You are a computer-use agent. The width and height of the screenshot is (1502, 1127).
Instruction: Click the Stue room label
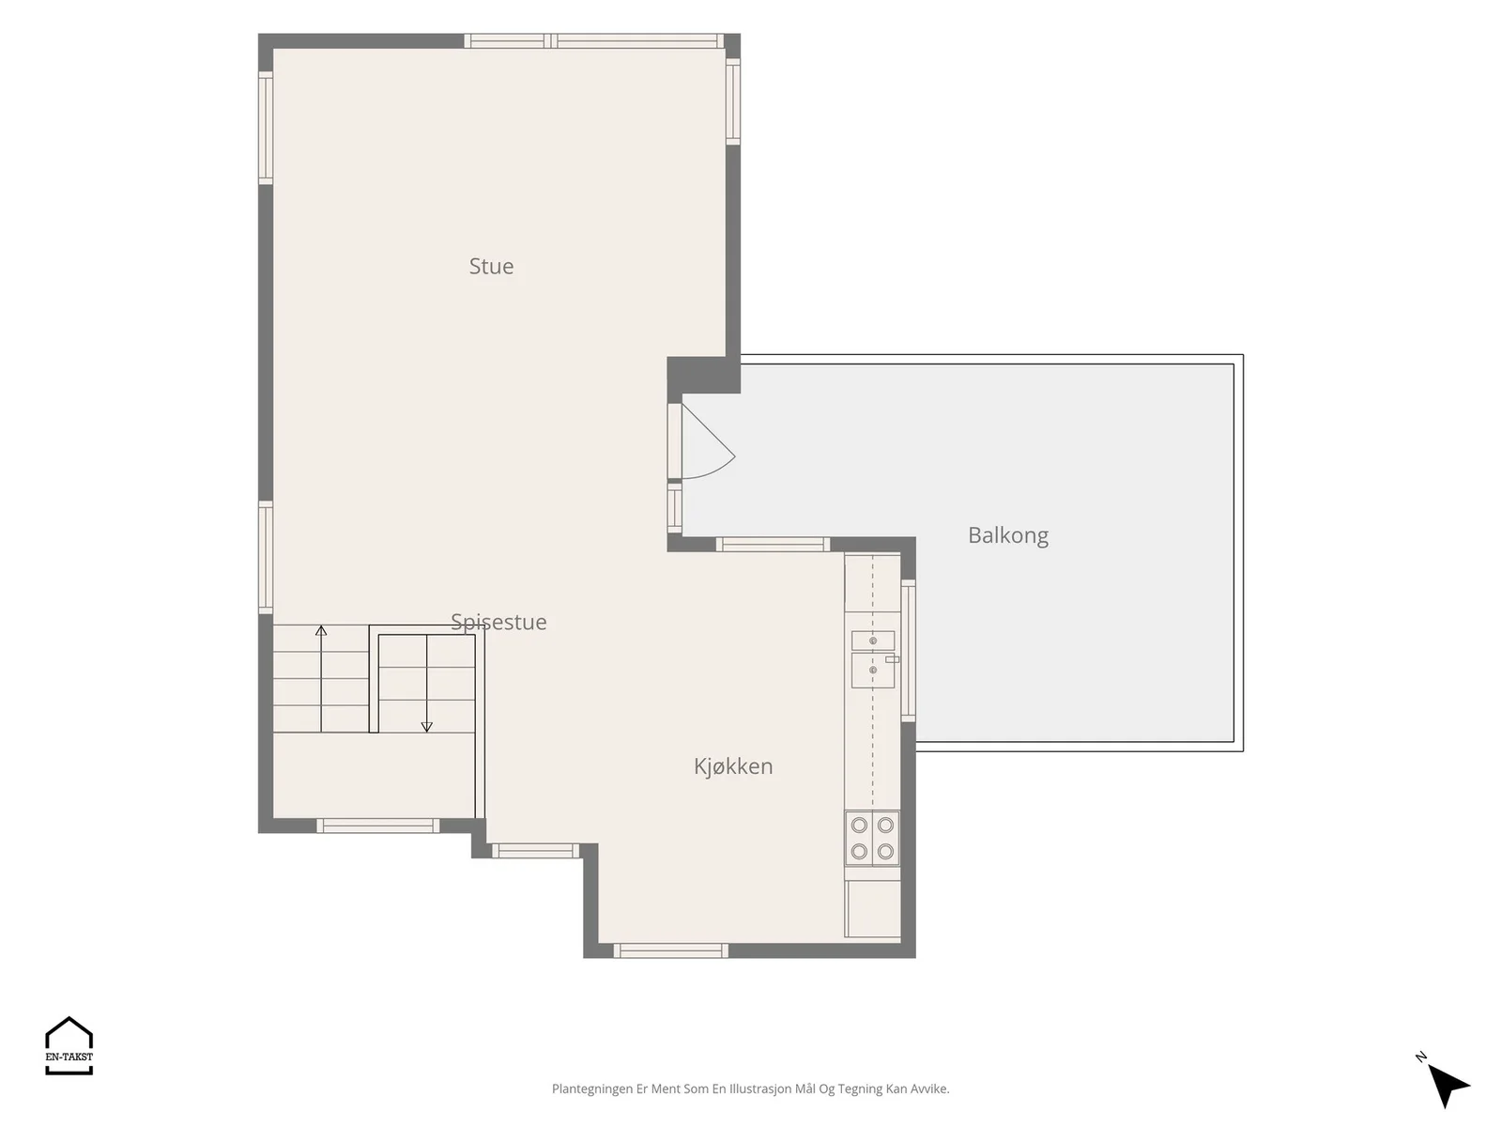click(491, 266)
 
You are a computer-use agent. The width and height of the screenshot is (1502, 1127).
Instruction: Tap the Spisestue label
click(498, 622)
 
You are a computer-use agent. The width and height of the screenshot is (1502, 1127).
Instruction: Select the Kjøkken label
click(733, 766)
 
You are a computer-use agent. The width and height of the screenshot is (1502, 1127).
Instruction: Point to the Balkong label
click(1008, 535)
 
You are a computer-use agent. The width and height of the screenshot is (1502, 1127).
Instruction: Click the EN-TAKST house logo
click(69, 1045)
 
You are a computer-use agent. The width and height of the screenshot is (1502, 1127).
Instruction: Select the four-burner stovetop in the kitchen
click(872, 839)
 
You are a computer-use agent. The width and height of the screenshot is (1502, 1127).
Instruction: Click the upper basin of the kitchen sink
click(872, 641)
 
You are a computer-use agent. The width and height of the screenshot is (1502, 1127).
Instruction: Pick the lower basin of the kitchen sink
click(872, 670)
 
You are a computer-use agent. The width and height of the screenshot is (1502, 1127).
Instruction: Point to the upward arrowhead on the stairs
click(321, 630)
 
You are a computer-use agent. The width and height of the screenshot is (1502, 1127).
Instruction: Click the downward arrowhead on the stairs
click(426, 727)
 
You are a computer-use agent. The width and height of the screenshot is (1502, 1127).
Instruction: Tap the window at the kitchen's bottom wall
click(670, 950)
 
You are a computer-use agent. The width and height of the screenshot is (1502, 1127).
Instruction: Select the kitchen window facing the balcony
click(908, 650)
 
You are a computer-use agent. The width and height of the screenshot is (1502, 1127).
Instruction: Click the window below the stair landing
click(377, 826)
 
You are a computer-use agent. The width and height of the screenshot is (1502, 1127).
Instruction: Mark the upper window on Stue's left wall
click(266, 128)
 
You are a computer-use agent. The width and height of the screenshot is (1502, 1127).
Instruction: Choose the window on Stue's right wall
click(732, 101)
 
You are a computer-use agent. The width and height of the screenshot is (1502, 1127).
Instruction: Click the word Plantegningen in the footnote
click(592, 1088)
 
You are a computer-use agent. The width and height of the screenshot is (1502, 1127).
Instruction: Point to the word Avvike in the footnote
click(929, 1088)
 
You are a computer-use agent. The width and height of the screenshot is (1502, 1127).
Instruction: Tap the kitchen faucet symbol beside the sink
click(893, 659)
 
